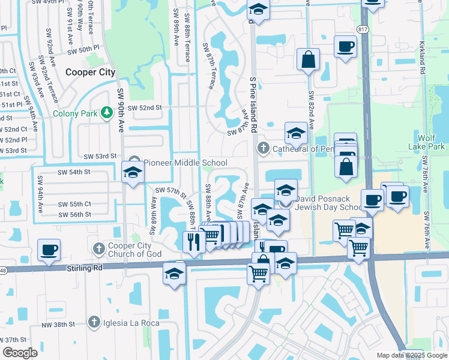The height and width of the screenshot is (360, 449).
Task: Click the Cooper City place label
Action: click(x=90, y=72)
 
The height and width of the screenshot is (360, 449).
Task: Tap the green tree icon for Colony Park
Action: click(x=106, y=113)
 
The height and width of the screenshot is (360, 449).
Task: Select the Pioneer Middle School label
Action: click(x=185, y=163)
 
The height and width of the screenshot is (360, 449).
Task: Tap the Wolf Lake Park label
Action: click(x=431, y=142)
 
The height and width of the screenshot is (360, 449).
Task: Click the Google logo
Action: click(x=20, y=353)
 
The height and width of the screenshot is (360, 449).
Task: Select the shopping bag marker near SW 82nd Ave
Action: click(x=308, y=60)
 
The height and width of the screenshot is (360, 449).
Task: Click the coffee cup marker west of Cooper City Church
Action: click(x=49, y=249)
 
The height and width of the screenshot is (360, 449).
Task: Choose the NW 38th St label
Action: click(x=58, y=324)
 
